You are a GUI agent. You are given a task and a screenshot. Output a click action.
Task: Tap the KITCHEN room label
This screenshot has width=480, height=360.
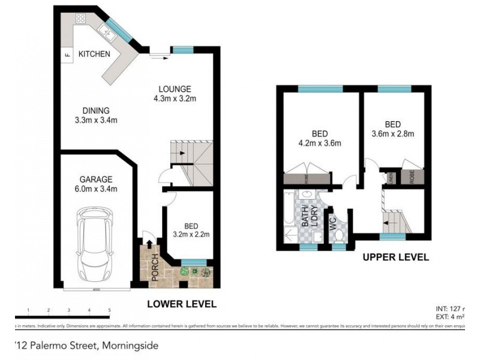(94, 54)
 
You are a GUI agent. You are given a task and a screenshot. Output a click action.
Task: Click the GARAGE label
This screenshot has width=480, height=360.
(96, 179)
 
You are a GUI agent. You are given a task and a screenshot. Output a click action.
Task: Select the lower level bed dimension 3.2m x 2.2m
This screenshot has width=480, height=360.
(191, 235)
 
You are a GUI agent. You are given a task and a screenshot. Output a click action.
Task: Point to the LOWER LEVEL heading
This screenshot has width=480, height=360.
(181, 304)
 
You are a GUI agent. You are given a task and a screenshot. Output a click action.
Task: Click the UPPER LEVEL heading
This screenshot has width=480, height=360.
(395, 257)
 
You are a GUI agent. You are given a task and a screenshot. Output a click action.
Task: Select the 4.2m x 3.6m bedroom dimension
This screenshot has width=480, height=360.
(320, 143)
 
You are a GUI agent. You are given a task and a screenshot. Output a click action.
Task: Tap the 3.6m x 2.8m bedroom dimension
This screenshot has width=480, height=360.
(393, 134)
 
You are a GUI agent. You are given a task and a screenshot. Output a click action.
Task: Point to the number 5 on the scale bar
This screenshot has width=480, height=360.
(109, 310)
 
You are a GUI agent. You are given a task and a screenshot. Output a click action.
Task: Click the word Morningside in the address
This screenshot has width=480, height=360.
(131, 346)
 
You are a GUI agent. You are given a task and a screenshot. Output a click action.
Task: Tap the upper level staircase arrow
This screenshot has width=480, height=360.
(393, 221)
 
